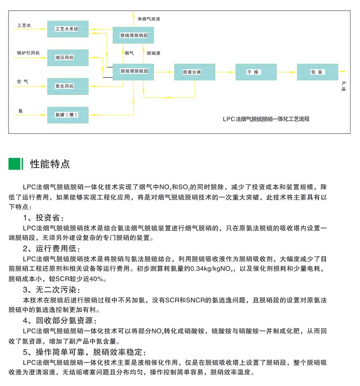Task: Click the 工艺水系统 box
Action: pos(67,29)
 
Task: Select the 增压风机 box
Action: pos(67,58)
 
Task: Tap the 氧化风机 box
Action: pos(67,86)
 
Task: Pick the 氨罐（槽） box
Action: pos(67,115)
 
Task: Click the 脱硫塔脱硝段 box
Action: pos(133,35)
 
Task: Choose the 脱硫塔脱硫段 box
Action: pos(133,72)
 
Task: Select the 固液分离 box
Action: pos(194,72)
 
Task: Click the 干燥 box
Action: pos(256,72)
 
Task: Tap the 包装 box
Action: pos(317,72)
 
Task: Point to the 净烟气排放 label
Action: pos(149,19)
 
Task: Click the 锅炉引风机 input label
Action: pos(28,53)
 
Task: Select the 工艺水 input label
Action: pos(24,25)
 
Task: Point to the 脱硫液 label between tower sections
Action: pos(153,53)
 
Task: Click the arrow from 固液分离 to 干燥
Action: pos(225,72)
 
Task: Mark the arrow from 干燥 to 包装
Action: pos(287,72)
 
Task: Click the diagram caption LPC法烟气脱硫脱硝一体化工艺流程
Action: pos(266,119)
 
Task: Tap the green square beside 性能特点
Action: pos(14,164)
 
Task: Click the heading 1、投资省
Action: pos(44,218)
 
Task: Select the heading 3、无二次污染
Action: pos(52,290)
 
